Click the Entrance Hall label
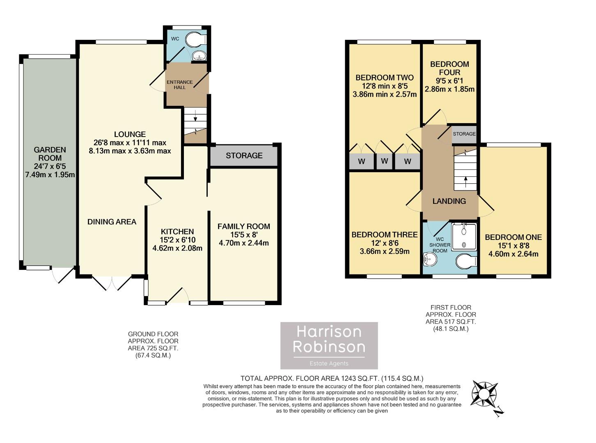coord(179,84)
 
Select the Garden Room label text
coord(50,154)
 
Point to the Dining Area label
coord(112,222)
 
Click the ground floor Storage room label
coord(244,155)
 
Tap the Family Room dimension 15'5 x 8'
coord(244,235)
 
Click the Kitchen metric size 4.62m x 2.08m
coord(177,248)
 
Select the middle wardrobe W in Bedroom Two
coord(384,161)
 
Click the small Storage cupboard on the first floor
coord(464,134)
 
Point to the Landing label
coord(449,201)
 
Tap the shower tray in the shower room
coord(464,236)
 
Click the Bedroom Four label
coord(449,68)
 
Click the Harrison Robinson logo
coord(329,345)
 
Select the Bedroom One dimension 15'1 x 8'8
coord(513,246)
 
